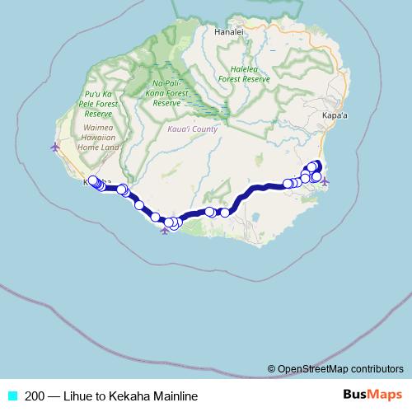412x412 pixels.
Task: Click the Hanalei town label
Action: tap(229, 33)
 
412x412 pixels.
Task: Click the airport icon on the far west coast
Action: tap(55, 147)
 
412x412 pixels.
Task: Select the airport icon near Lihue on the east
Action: tap(324, 180)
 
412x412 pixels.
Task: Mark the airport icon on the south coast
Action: tap(166, 230)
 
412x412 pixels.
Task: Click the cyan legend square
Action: tap(12, 396)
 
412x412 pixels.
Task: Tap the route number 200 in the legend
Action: tap(35, 396)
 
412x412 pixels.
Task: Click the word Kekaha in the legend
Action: tap(132, 396)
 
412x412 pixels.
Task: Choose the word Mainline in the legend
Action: tap(175, 396)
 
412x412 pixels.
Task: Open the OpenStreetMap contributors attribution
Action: tap(340, 368)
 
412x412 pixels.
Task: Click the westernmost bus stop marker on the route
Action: tap(91, 180)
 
